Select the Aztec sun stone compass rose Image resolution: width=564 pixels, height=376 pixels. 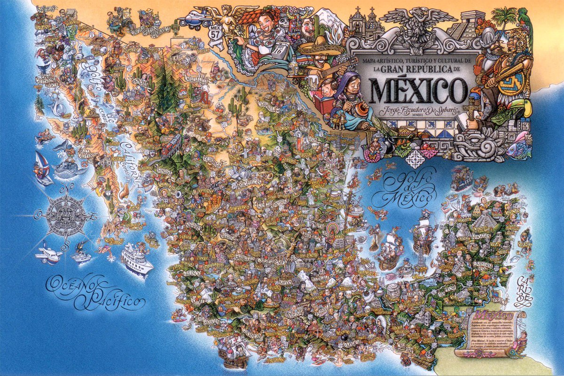[x=67, y=216]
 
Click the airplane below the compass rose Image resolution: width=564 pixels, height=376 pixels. [x=48, y=253]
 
